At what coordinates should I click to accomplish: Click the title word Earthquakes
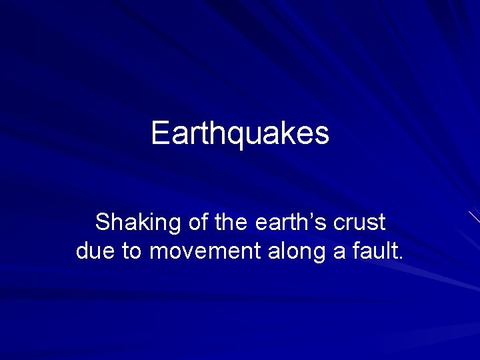[240, 133]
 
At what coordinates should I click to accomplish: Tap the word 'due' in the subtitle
[94, 252]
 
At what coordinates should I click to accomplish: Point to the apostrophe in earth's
[313, 215]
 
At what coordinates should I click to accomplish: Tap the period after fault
[400, 259]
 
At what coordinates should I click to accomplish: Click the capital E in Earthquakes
[160, 133]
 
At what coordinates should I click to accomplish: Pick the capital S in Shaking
[103, 222]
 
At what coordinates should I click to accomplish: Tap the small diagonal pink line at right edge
[474, 217]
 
